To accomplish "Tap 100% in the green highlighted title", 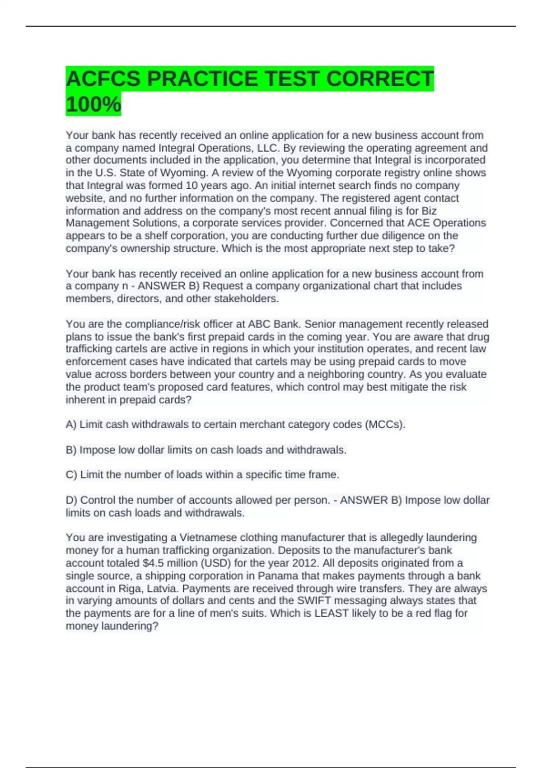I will click(93, 104).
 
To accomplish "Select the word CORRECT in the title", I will click(379, 79).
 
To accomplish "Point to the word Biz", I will click(429, 211).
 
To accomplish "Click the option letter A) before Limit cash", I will click(71, 425).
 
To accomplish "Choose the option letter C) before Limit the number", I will click(71, 475).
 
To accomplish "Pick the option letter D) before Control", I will click(71, 500).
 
